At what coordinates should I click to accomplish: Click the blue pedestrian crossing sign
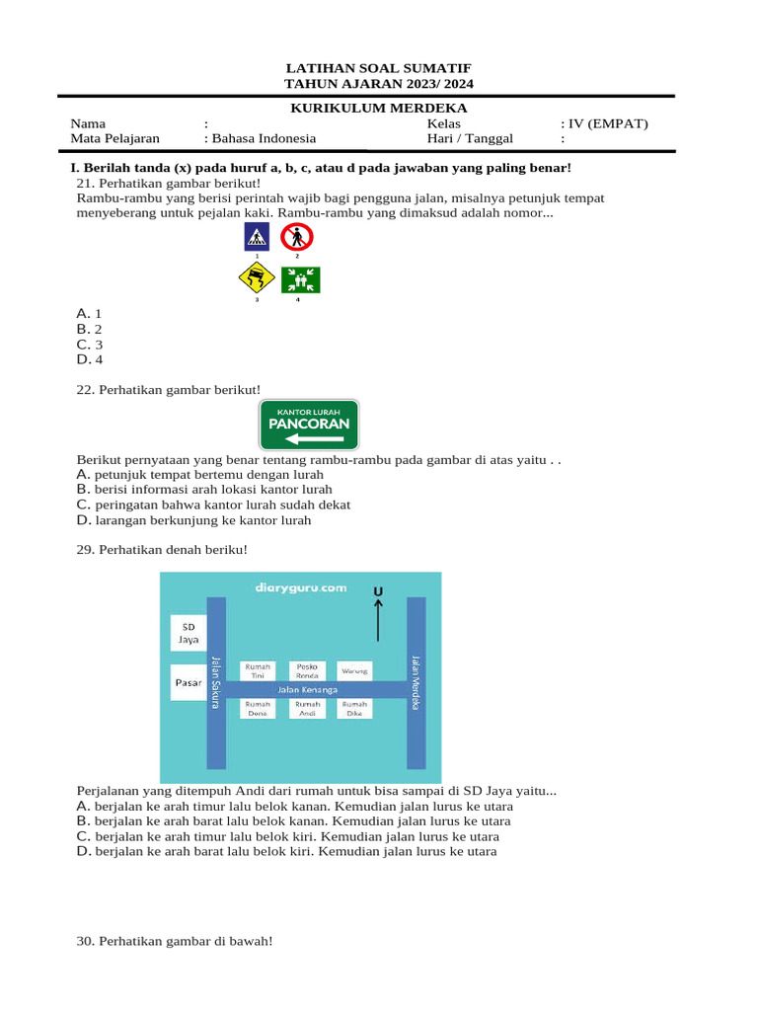point(257,237)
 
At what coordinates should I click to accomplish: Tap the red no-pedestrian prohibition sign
point(296,237)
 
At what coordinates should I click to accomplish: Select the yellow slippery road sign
point(257,279)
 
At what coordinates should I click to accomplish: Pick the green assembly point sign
point(301,279)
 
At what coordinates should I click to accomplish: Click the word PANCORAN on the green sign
point(309,424)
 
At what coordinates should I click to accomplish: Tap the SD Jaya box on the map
point(188,633)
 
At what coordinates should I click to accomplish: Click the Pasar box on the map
point(188,682)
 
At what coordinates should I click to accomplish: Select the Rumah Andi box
point(308,708)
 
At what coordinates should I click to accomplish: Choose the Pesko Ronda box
point(308,670)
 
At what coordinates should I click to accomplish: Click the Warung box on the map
point(355,670)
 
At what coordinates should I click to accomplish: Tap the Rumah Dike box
point(355,708)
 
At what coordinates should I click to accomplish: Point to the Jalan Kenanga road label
point(307,689)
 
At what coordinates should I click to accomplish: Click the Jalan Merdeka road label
point(416,681)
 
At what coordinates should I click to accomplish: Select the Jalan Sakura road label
point(216,681)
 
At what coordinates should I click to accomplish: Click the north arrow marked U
point(377,614)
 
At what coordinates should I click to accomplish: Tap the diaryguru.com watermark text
point(300,586)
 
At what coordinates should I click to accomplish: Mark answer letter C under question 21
point(83,345)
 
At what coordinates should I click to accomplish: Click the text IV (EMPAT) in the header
point(607,124)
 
